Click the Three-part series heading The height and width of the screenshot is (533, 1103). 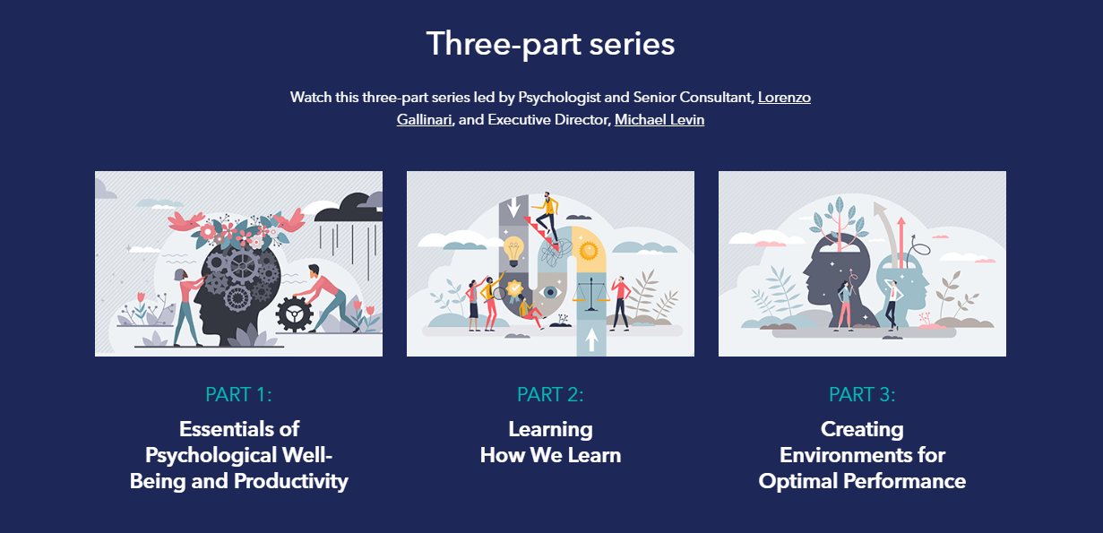[550, 44]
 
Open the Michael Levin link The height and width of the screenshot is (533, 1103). [659, 120]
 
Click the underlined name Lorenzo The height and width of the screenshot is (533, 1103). [784, 97]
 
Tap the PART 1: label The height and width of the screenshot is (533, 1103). [239, 394]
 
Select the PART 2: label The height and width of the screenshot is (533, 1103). [550, 394]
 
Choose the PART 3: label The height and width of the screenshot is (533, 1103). [862, 394]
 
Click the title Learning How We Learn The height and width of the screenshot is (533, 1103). [550, 442]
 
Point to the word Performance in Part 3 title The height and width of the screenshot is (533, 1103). [905, 481]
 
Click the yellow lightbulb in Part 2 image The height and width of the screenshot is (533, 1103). [513, 251]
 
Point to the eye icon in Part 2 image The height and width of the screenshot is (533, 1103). [550, 292]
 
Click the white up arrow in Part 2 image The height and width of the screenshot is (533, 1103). [591, 340]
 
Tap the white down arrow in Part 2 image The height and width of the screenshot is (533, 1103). [513, 207]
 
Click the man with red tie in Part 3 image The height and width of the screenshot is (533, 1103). [892, 305]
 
